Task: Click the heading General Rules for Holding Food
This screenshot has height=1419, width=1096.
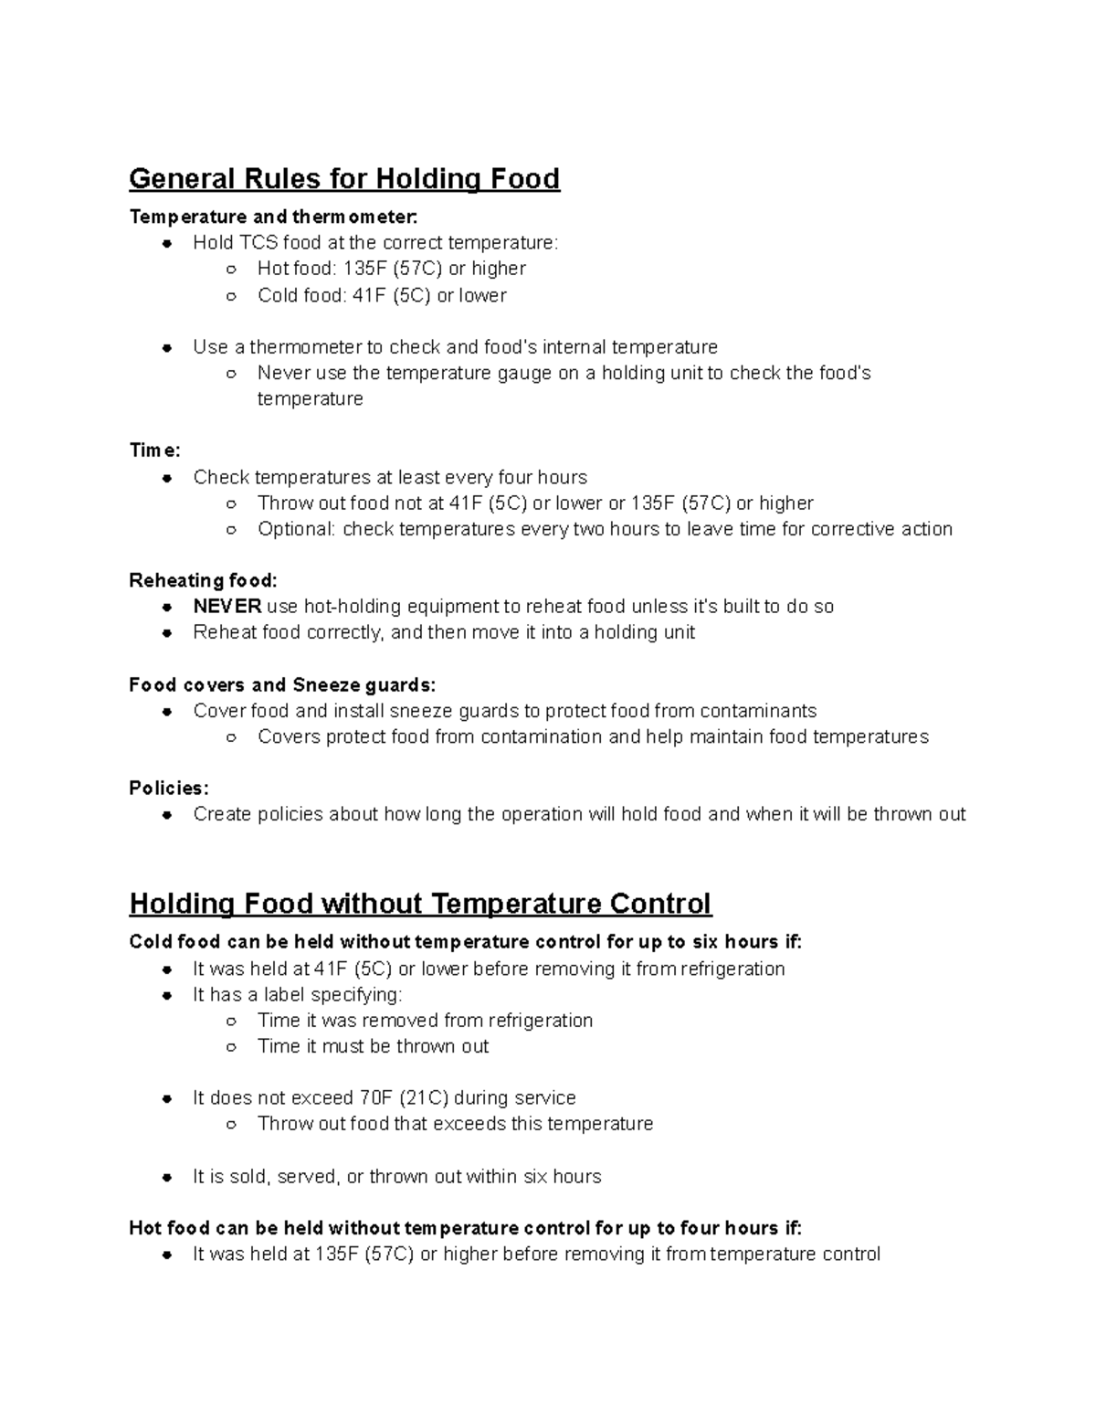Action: point(343,178)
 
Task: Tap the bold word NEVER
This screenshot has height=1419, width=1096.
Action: point(227,607)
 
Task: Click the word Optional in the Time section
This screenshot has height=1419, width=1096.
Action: point(296,529)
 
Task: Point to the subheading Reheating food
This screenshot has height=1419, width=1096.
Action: point(203,581)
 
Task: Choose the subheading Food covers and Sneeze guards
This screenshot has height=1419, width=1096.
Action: point(282,684)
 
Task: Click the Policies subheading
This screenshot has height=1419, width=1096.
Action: point(169,788)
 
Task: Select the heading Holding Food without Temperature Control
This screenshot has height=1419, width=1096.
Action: point(420,904)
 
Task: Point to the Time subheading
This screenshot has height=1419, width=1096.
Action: point(154,450)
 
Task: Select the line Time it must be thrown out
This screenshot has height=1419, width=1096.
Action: point(373,1046)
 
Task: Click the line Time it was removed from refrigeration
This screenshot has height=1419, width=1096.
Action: point(425,1021)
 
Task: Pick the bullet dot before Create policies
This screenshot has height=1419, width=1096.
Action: point(167,815)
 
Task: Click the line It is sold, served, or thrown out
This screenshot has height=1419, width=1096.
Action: point(396,1177)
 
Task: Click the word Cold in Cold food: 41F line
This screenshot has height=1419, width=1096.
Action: point(278,295)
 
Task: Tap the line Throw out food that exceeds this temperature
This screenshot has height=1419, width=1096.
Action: point(455,1124)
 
